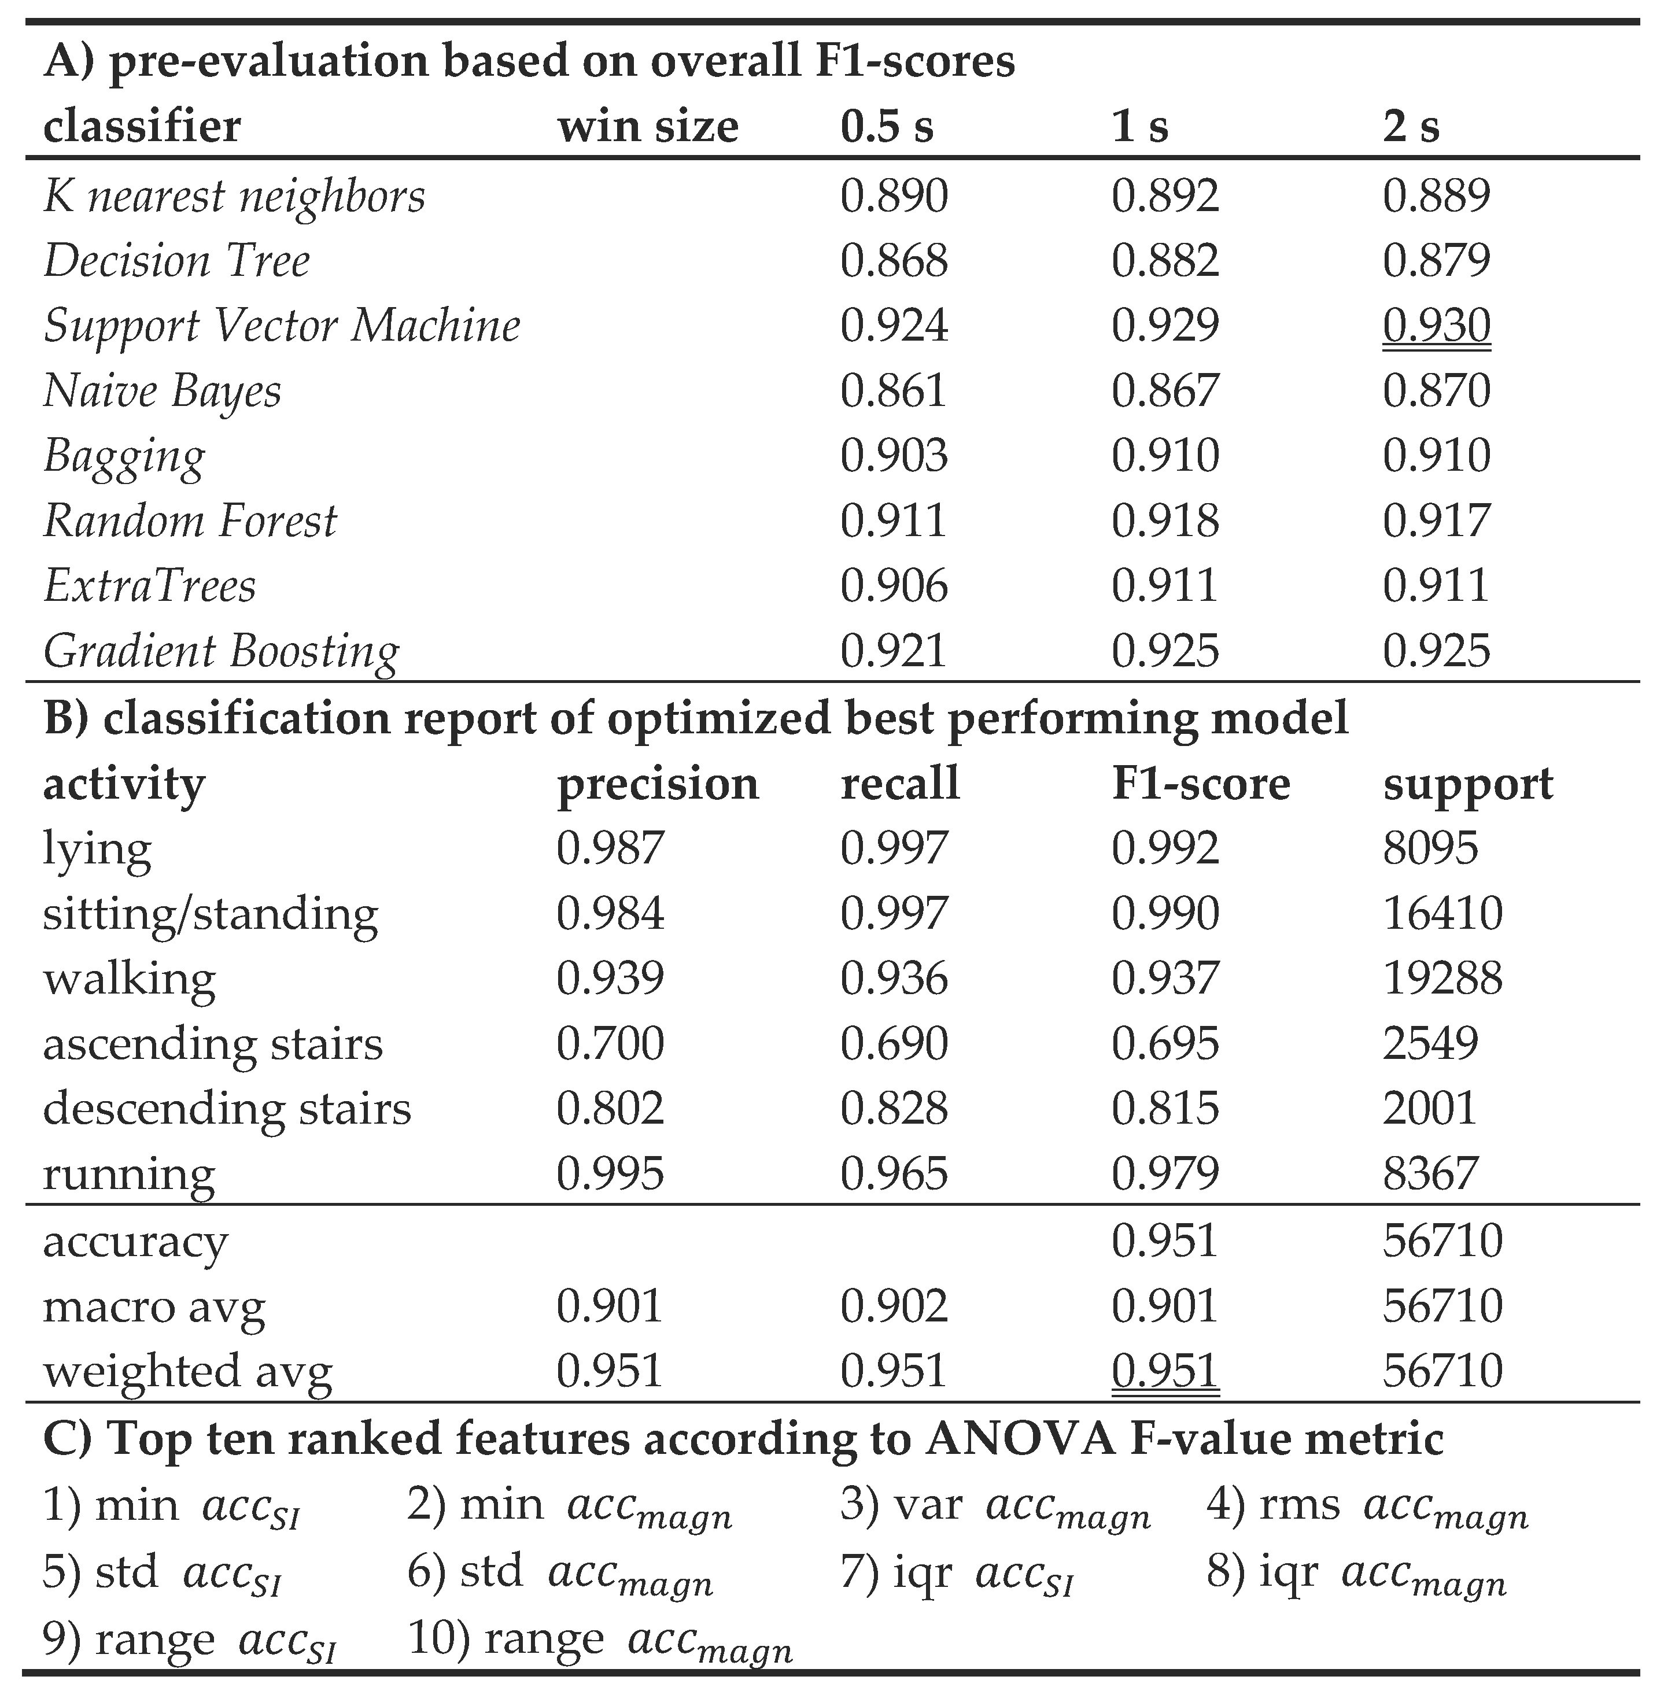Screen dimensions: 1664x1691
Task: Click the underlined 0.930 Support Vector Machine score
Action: click(1436, 326)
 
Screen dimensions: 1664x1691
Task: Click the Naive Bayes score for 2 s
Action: click(1436, 390)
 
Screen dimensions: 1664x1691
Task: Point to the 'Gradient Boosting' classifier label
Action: click(221, 652)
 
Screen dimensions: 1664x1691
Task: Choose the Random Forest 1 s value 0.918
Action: click(1165, 522)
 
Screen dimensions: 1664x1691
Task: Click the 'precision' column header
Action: click(657, 784)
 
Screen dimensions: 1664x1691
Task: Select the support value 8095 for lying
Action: click(1430, 848)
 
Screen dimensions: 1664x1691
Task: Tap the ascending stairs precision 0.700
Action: click(610, 1043)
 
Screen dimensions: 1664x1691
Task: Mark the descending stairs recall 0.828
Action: click(893, 1108)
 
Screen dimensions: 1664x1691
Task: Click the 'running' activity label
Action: click(128, 1173)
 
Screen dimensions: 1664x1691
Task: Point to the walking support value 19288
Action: click(1442, 979)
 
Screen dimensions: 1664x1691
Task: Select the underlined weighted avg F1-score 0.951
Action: click(1165, 1370)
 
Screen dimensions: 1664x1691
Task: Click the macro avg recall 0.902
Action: click(893, 1306)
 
